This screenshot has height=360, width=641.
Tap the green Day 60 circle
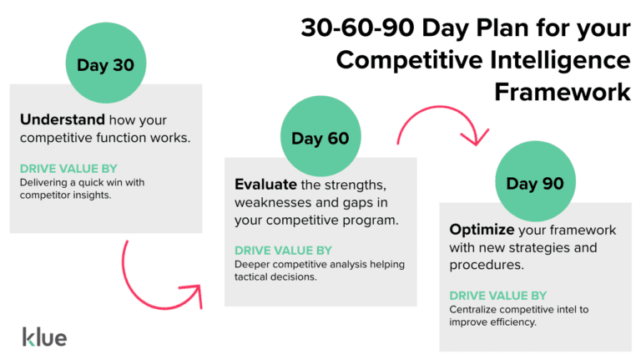point(320,138)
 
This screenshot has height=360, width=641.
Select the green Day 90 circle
point(535,182)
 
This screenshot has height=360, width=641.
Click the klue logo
point(44,337)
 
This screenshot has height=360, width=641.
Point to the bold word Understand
point(54,119)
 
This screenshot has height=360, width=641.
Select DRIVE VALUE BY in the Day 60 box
point(283,251)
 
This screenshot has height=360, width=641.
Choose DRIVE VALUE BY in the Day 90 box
point(498,296)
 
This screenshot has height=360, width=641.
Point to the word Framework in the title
point(563,90)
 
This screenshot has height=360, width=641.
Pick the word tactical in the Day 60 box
point(260,277)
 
